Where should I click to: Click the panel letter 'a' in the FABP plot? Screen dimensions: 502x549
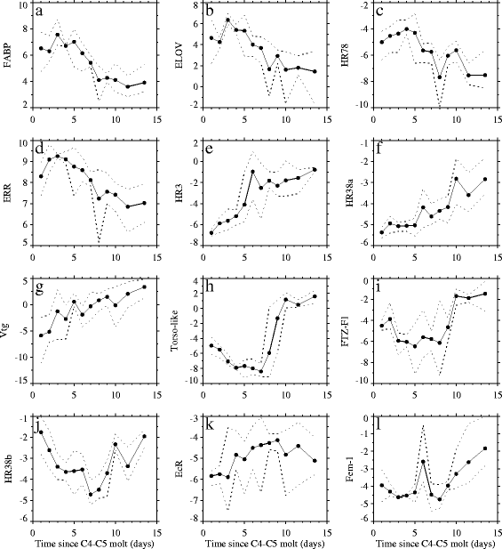[39, 12]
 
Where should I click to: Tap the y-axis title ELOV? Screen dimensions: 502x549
[179, 55]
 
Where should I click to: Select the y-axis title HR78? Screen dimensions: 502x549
[349, 55]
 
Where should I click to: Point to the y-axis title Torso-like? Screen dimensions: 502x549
[174, 330]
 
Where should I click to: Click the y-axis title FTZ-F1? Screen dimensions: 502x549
[345, 330]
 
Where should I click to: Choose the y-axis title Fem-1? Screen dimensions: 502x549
[349, 467]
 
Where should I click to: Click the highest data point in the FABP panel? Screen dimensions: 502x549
[58, 35]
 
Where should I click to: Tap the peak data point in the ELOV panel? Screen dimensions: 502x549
[228, 20]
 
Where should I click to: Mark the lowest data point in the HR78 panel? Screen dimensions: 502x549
[440, 77]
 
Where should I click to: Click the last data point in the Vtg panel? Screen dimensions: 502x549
[144, 287]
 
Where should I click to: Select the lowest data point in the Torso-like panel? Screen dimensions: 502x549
[261, 371]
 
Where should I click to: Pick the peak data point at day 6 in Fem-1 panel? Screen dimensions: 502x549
[423, 462]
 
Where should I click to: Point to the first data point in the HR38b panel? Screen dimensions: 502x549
[41, 432]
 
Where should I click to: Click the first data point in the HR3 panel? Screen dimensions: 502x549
[211, 233]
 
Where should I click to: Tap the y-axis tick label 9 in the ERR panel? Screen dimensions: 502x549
[25, 161]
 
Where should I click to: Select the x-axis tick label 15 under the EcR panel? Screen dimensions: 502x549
[327, 532]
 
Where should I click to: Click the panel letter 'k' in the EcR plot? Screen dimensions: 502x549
[210, 424]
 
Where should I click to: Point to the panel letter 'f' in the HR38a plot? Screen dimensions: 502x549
[379, 149]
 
